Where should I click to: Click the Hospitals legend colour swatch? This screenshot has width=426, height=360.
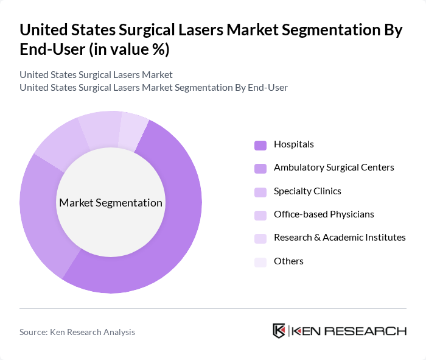[260, 145]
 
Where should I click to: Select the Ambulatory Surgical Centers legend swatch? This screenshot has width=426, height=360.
[260, 168]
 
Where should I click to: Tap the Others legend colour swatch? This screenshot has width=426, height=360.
[260, 262]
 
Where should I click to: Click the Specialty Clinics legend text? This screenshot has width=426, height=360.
[307, 191]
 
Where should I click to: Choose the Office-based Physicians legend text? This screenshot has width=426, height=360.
[324, 214]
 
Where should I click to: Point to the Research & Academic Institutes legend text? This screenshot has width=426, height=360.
[340, 238]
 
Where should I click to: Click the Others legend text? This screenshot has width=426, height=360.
[288, 261]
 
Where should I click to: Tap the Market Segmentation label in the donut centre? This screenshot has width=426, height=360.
[111, 203]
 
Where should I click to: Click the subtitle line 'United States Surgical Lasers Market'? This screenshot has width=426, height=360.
[96, 75]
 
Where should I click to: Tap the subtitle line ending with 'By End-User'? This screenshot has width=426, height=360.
[153, 88]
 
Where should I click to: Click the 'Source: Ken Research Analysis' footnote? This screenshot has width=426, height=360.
[77, 333]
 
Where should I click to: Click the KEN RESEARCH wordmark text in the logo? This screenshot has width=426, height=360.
[349, 331]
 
